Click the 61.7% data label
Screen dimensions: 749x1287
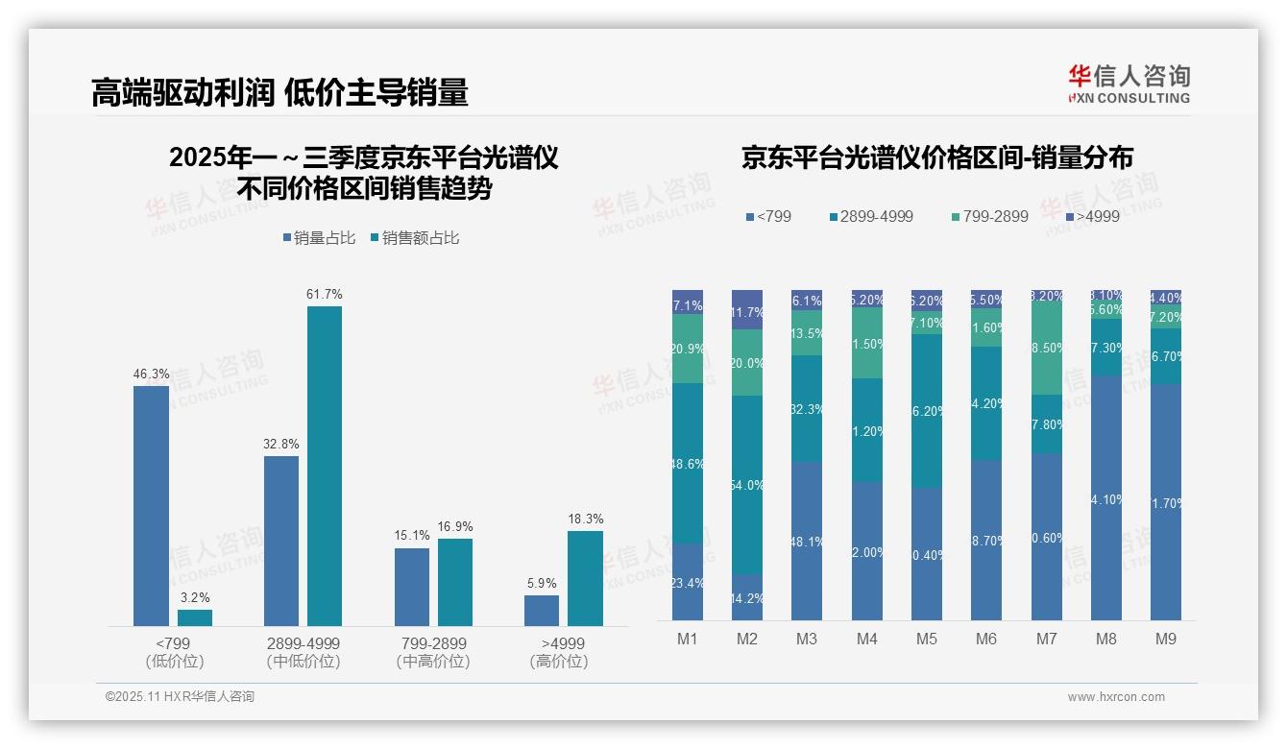coord(325,294)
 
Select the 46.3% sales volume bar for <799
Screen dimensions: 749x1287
coord(151,505)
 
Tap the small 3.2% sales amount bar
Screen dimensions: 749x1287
coord(195,617)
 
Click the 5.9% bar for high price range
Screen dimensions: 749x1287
coord(542,610)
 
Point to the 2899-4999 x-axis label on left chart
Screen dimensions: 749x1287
coord(303,643)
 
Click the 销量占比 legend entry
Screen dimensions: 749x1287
coord(324,237)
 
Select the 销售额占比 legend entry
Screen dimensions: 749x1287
coord(414,237)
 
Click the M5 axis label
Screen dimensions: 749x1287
coord(926,639)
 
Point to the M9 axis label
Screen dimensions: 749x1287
coord(1165,639)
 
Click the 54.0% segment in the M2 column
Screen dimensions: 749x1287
coord(747,485)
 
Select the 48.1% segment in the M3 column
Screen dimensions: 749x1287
coord(807,541)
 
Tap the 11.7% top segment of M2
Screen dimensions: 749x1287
coord(747,309)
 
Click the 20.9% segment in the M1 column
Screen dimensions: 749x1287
coord(688,349)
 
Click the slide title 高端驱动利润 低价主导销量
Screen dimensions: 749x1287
coord(279,92)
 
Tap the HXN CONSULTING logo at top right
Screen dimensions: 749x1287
coord(1129,85)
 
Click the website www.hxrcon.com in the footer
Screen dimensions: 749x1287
coord(1116,697)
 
